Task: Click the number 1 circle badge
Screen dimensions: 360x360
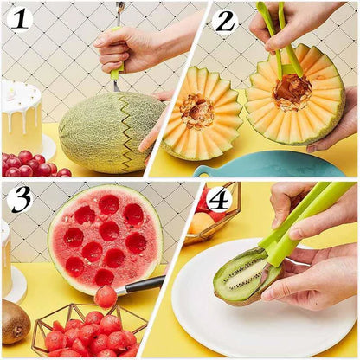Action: click(x=19, y=18)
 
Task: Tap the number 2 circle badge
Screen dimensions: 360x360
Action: click(x=225, y=20)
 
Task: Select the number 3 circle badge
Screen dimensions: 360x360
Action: click(x=19, y=199)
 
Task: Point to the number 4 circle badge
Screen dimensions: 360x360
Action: click(x=219, y=199)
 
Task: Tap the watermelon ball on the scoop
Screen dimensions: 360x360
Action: click(x=106, y=296)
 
